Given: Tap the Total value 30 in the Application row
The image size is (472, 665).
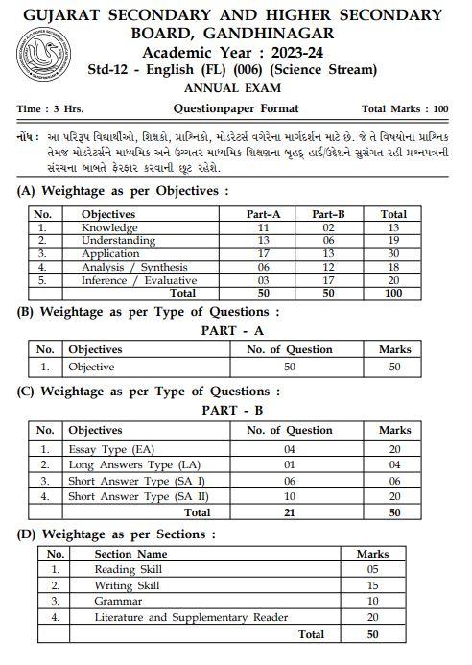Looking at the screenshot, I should tap(393, 254).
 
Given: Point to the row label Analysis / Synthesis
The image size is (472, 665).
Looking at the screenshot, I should tap(134, 267).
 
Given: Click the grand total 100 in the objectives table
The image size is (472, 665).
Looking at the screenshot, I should tap(393, 293).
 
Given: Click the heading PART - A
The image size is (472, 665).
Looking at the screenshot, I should tap(235, 331).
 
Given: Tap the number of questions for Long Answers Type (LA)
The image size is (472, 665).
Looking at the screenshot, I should tap(291, 464).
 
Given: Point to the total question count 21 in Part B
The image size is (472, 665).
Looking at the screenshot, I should tap(291, 512).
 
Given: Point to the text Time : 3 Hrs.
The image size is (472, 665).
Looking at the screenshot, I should tap(47, 109).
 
